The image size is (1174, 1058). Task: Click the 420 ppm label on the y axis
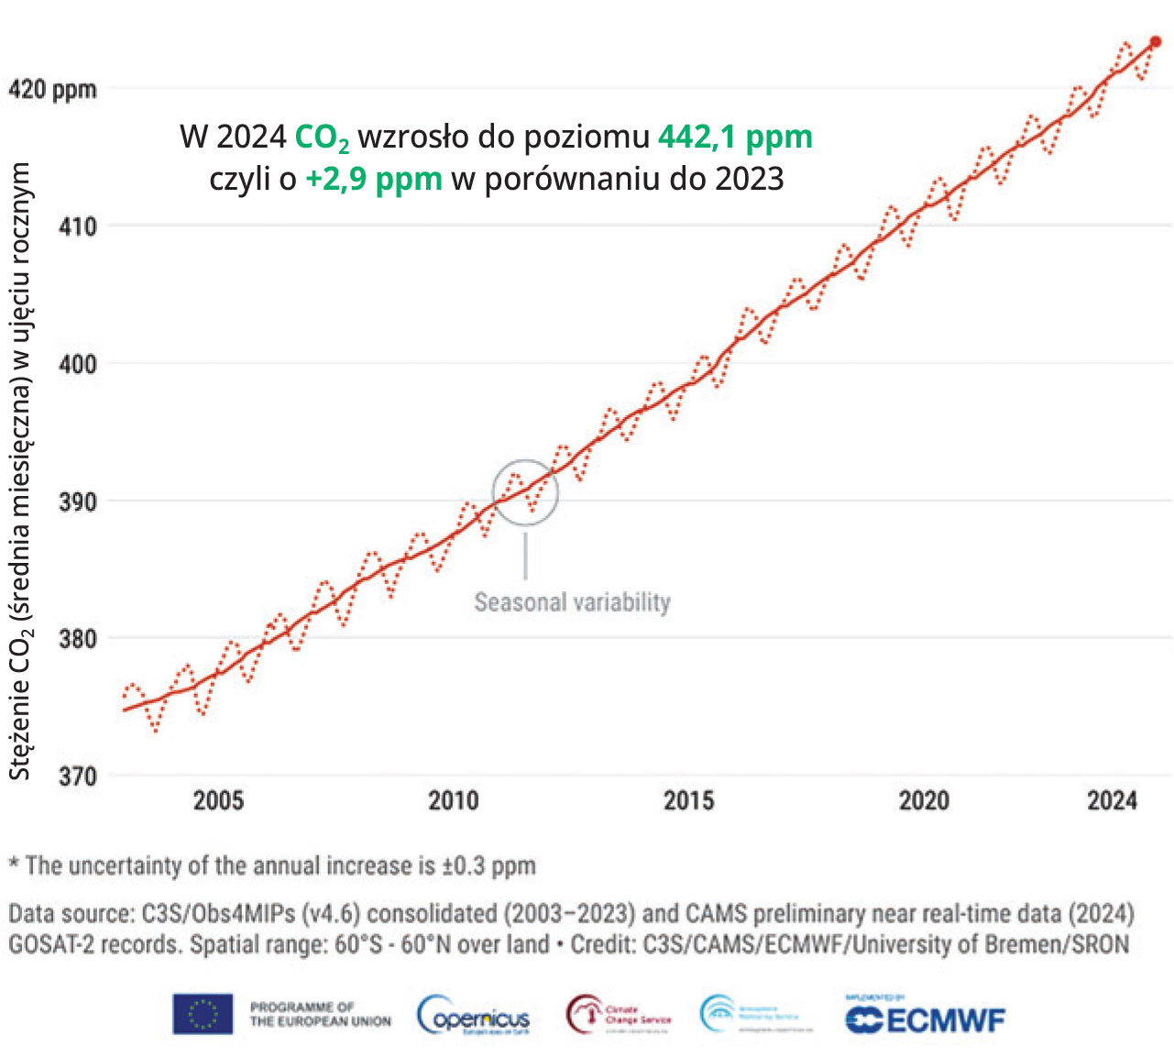point(52,89)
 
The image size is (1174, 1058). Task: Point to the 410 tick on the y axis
point(78,226)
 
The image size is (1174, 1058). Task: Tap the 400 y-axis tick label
point(78,364)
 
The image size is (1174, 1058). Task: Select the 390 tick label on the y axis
point(78,501)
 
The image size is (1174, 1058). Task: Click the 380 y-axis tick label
point(78,639)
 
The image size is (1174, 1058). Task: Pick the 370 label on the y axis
point(78,777)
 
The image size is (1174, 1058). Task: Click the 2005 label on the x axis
point(218,800)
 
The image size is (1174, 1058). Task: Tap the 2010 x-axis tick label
point(454,800)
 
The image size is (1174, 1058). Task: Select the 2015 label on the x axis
point(688,800)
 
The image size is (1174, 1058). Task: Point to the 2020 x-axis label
point(924,800)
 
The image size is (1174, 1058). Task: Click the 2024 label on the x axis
point(1112,800)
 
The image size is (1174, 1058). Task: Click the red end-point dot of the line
point(1156,42)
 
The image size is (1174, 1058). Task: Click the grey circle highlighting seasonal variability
point(525,492)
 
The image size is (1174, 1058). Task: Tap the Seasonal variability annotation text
point(572,602)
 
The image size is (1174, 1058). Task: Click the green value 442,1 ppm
point(735,137)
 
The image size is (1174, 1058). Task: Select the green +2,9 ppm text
point(374,178)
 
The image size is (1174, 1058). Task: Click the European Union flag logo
point(203,1015)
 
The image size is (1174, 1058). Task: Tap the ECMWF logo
point(925,1019)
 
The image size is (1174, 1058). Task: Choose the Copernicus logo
point(474,1016)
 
